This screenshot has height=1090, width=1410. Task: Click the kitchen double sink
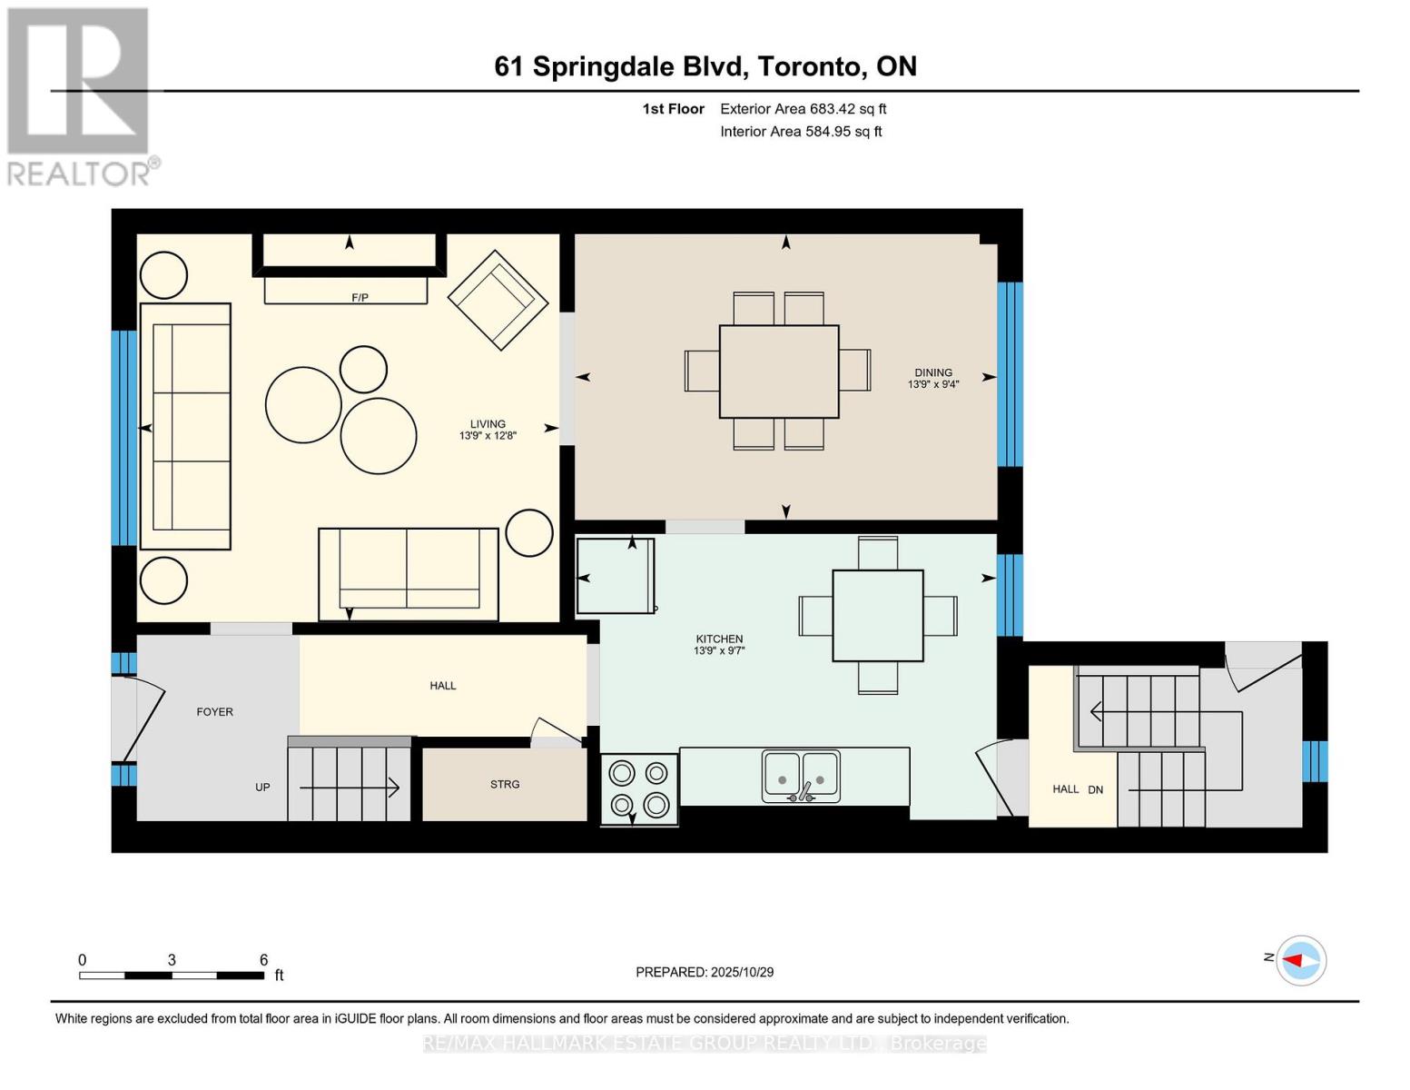click(801, 776)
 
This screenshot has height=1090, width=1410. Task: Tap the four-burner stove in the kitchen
click(639, 788)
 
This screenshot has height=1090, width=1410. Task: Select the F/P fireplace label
click(360, 298)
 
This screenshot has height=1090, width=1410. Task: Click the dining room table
click(778, 372)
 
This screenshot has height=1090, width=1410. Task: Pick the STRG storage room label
click(505, 784)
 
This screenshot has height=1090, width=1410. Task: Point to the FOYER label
click(215, 712)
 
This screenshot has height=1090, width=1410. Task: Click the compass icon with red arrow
click(1300, 960)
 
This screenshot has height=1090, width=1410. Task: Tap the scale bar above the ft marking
click(171, 976)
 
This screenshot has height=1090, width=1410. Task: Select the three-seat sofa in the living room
click(185, 426)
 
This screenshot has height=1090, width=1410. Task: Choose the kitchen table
click(877, 615)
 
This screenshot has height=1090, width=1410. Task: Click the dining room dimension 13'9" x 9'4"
click(933, 384)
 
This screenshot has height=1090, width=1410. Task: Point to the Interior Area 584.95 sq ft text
click(801, 132)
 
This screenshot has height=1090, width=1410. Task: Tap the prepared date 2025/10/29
click(742, 972)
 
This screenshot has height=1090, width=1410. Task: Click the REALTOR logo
click(79, 95)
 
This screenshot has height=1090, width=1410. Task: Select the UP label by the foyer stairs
click(262, 788)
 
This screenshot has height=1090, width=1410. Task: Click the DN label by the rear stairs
click(1096, 789)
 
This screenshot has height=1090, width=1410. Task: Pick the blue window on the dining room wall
click(1010, 374)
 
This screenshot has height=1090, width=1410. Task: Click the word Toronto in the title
click(811, 66)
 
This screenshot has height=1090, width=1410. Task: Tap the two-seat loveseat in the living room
click(409, 573)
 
